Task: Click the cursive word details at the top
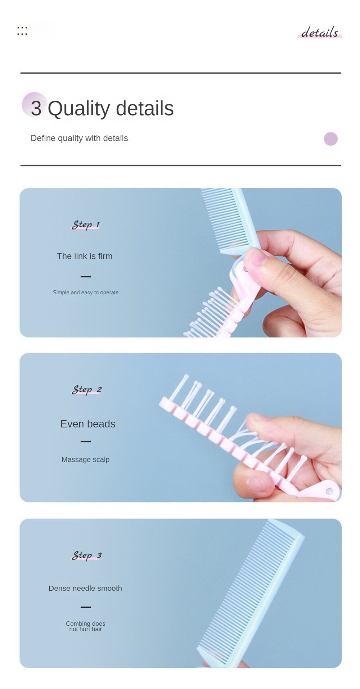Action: pyautogui.click(x=319, y=32)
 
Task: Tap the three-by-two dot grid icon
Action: pyautogui.click(x=22, y=31)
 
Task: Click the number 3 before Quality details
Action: pyautogui.click(x=36, y=108)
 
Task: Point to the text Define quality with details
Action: pyautogui.click(x=79, y=138)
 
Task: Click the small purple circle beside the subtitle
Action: pyautogui.click(x=330, y=139)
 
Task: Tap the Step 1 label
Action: pyautogui.click(x=86, y=225)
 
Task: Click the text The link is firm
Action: pyautogui.click(x=85, y=256)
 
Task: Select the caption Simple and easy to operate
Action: pyautogui.click(x=86, y=293)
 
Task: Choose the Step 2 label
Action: pyautogui.click(x=87, y=389)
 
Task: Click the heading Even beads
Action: pyautogui.click(x=88, y=424)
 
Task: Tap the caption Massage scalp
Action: pyautogui.click(x=86, y=459)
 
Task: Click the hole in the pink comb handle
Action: pyautogui.click(x=329, y=491)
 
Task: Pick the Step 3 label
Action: pyautogui.click(x=87, y=555)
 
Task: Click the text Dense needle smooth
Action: pyautogui.click(x=85, y=588)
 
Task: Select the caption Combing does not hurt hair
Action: pyautogui.click(x=86, y=626)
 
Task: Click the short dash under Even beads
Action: pyautogui.click(x=86, y=441)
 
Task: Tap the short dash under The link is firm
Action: pyautogui.click(x=86, y=276)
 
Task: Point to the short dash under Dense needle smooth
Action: pyautogui.click(x=86, y=607)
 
